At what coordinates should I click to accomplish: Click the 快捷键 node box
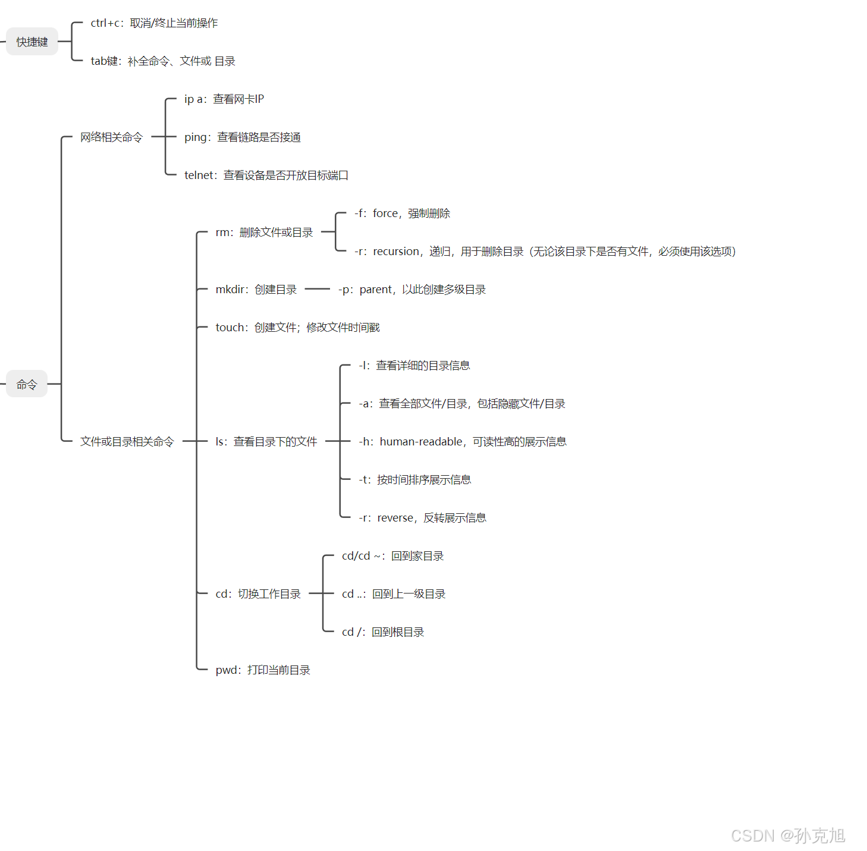click(32, 42)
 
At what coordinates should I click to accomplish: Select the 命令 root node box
click(27, 384)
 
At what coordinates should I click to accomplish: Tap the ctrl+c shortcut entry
click(154, 23)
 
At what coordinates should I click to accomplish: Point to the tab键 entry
click(163, 61)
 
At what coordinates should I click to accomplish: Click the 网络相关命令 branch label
click(112, 137)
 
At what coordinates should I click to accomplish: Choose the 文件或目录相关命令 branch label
click(127, 442)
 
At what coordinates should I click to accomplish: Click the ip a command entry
click(224, 99)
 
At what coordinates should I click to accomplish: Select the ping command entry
click(243, 137)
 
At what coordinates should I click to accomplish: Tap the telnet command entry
click(266, 175)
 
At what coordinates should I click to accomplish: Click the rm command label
click(264, 233)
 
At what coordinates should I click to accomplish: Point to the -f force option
click(403, 213)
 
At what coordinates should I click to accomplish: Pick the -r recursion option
click(545, 252)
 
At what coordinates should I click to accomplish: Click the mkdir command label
click(256, 290)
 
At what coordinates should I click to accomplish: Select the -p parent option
click(412, 290)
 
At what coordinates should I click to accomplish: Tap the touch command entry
click(297, 328)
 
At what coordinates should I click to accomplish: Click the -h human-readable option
click(463, 442)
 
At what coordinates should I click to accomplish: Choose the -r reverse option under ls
click(423, 518)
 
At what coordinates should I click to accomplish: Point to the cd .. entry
click(394, 594)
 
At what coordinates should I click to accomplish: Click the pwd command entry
click(263, 670)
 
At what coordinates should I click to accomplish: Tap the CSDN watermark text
click(788, 836)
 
